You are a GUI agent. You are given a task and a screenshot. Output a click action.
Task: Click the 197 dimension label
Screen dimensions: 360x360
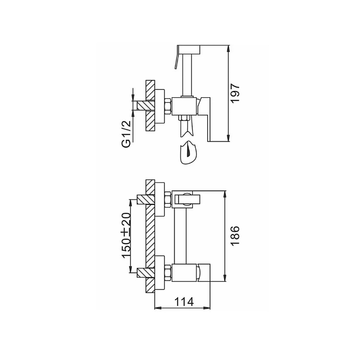(235, 94)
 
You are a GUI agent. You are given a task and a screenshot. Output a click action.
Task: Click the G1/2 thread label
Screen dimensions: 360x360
(126, 134)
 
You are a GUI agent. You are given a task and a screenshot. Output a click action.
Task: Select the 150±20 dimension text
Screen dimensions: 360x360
(126, 235)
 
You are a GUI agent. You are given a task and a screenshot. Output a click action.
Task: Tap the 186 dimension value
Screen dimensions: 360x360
(235, 236)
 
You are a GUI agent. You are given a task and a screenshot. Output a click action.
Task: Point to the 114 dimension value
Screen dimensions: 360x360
(184, 301)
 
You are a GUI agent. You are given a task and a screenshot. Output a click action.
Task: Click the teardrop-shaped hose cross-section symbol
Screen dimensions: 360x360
(189, 153)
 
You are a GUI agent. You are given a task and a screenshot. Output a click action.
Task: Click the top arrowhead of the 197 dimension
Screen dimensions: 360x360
(228, 49)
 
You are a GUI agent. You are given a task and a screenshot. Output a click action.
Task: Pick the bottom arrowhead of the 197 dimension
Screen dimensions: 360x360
(228, 138)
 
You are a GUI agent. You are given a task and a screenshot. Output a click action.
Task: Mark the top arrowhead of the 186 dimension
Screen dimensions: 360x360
(225, 194)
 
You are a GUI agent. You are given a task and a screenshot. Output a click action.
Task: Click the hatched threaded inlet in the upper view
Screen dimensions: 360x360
(146, 106)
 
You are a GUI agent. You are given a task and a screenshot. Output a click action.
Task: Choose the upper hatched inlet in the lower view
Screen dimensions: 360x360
(146, 199)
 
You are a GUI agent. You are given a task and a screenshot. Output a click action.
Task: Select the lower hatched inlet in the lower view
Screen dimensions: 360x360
(146, 272)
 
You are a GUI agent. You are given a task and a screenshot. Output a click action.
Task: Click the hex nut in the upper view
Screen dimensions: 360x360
(168, 107)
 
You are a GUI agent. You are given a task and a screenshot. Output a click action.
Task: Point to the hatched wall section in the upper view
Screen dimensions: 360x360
(150, 106)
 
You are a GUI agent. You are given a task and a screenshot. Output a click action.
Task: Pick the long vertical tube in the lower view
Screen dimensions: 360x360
(180, 236)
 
